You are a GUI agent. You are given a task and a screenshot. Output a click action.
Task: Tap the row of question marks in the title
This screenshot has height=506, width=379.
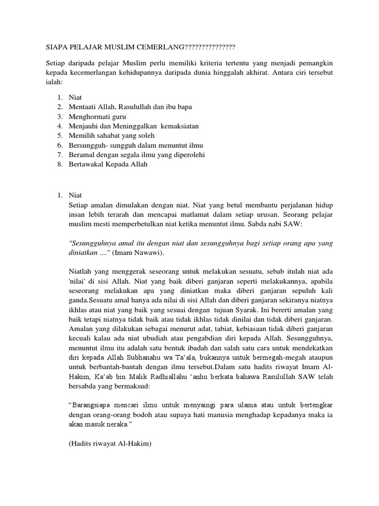point(209,47)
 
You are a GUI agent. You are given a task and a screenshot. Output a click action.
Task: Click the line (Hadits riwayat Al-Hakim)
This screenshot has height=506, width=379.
point(110,444)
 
